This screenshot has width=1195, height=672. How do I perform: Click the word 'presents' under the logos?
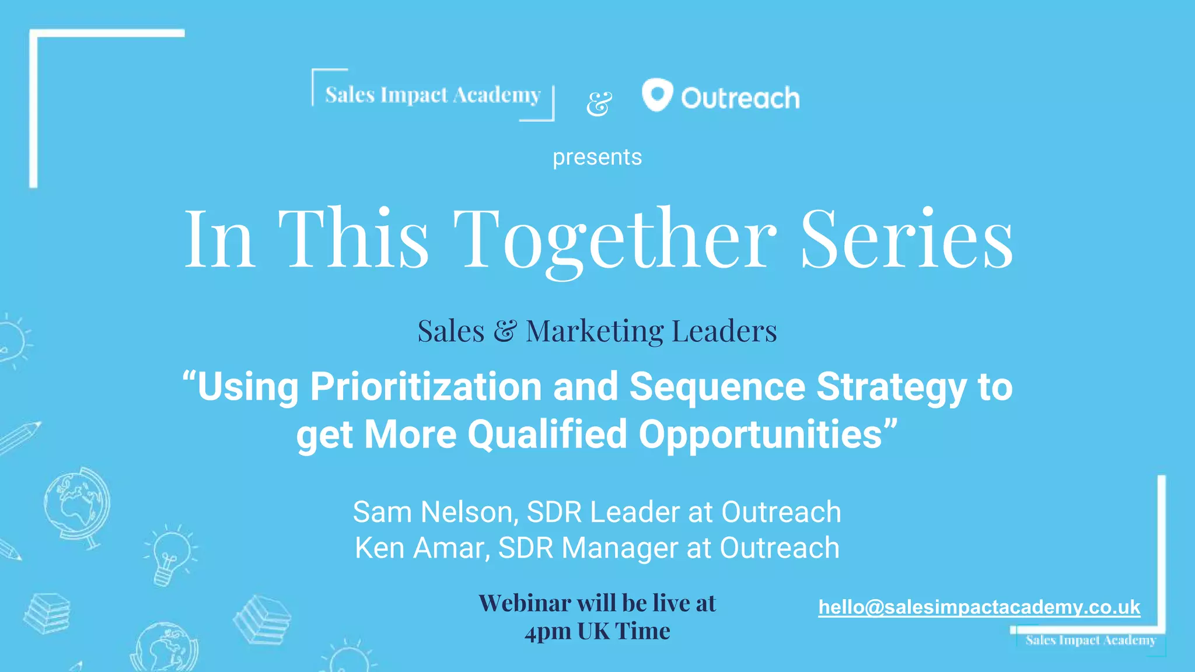[x=597, y=157]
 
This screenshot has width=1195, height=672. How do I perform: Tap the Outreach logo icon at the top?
[x=657, y=94]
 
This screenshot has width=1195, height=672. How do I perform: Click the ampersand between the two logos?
[x=599, y=104]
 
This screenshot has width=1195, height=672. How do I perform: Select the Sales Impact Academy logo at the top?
[x=432, y=94]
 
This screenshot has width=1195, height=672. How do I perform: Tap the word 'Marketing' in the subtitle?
[x=595, y=331]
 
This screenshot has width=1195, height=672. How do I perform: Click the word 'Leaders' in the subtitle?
[x=724, y=331]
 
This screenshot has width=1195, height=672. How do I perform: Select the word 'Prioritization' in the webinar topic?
[x=426, y=387]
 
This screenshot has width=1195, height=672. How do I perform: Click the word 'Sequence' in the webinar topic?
[x=717, y=387]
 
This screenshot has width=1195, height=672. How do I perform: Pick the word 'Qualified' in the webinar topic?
[x=547, y=435]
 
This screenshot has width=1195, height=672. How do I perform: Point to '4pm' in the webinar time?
[x=547, y=631]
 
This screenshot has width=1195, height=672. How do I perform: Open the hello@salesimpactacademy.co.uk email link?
[x=979, y=607]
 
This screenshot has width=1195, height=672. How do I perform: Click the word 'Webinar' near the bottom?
[x=525, y=603]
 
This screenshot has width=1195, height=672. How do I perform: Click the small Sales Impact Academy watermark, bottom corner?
[x=1091, y=640]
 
